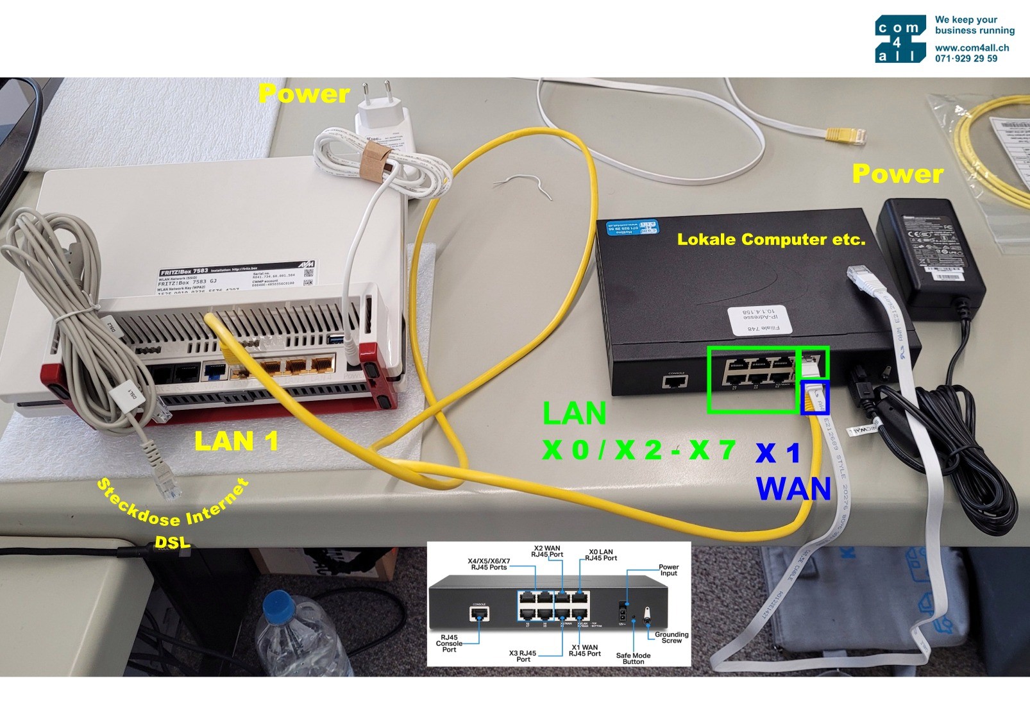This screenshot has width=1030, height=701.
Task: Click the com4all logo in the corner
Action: coord(900,38)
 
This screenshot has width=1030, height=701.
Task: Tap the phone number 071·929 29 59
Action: coord(966,58)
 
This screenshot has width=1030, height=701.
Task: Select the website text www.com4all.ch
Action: coord(972,47)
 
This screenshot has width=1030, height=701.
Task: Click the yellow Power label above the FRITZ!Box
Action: coord(303,94)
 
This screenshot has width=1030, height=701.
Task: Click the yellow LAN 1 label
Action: coord(236,441)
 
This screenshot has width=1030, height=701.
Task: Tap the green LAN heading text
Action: coord(574,413)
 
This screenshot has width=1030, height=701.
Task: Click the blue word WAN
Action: coord(793,489)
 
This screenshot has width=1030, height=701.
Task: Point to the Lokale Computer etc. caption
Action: coord(771,240)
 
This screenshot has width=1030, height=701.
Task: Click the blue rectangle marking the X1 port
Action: coord(815,397)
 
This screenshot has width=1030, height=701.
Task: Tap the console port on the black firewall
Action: coord(675,382)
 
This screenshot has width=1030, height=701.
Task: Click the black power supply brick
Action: coord(930,257)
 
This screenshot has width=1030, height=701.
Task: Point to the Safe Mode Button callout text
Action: coord(633,658)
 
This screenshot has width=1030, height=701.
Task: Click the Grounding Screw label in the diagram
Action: coord(671,638)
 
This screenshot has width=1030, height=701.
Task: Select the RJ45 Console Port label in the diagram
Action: coord(449,643)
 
